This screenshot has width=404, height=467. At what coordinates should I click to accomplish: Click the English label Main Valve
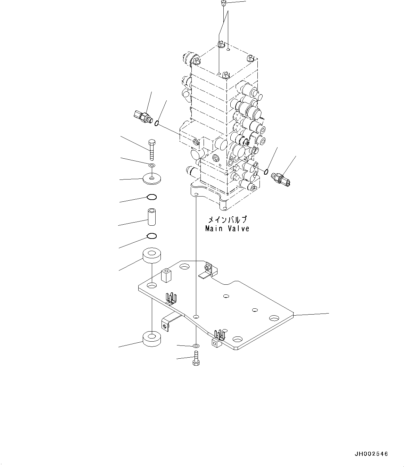(227, 228)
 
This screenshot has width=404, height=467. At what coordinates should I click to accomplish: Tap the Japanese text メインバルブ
(227, 220)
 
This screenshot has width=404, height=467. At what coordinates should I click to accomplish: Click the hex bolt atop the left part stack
(151, 149)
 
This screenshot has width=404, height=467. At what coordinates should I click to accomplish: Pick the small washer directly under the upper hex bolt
(152, 165)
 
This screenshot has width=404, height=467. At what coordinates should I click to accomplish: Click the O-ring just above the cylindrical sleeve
(152, 197)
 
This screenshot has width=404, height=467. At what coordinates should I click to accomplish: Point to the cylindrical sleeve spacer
(152, 217)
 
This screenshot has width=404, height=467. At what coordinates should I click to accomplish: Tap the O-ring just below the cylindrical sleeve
(152, 236)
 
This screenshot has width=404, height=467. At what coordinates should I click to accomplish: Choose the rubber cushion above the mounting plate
(152, 256)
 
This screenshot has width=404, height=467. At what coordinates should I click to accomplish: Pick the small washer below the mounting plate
(196, 346)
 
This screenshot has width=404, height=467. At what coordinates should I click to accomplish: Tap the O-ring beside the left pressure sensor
(157, 123)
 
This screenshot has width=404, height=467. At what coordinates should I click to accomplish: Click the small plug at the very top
(223, 3)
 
